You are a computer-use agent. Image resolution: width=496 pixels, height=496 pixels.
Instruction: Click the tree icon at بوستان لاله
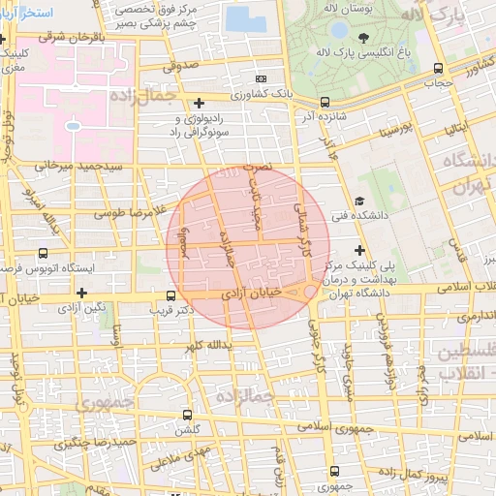pos(363,39)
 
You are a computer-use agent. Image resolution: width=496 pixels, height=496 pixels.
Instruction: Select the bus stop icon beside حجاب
pos(438,68)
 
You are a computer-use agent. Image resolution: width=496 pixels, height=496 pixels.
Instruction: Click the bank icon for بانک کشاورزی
pos(259,77)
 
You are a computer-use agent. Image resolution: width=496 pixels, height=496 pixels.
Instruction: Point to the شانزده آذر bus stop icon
pos(325,101)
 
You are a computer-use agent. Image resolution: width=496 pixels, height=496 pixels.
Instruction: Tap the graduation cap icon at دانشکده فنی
pos(359,201)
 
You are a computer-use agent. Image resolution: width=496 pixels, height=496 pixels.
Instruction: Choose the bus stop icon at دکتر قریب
pos(171,295)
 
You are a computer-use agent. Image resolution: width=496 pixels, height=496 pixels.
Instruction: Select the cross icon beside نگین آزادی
pos(81,293)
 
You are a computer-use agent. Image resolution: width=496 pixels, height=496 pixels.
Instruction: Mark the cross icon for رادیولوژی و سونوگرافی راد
pos(199,103)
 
